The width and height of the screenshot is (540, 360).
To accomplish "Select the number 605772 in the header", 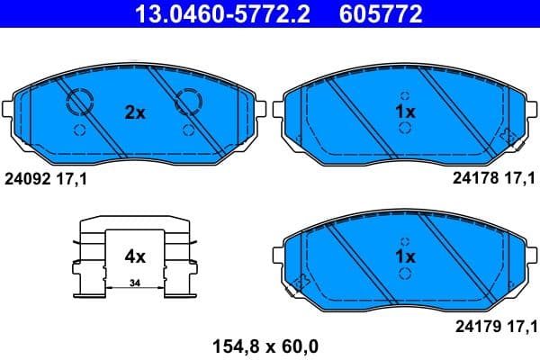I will (377, 13).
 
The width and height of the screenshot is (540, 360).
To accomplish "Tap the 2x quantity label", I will (134, 112).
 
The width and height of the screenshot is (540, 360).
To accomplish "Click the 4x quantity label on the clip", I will (134, 256).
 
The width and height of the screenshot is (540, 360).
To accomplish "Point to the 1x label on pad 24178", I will (405, 112).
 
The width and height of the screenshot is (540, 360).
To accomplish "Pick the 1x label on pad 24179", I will (405, 256).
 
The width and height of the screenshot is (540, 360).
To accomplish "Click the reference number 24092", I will (27, 179).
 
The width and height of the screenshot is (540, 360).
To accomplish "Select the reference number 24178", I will (473, 179).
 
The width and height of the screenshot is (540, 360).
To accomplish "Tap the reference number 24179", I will (473, 325).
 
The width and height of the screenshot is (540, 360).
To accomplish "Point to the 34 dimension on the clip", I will (134, 283).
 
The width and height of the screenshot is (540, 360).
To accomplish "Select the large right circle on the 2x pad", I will (190, 103).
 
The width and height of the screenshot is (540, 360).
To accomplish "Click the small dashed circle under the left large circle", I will (78, 130).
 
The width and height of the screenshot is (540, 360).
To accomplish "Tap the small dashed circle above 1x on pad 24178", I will (405, 95).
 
